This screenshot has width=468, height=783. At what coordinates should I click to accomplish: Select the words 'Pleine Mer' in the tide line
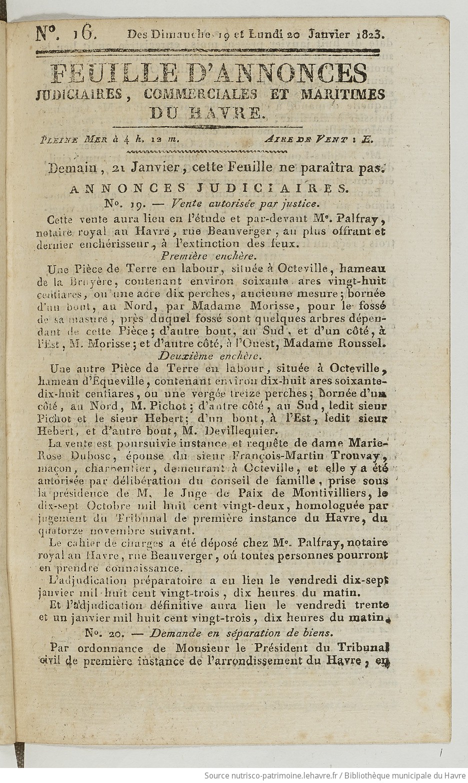click(73, 140)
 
